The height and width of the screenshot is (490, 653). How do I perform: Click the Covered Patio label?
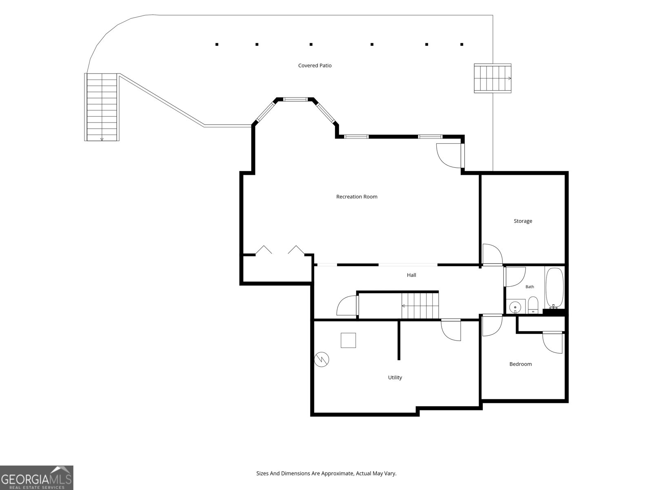point(315,65)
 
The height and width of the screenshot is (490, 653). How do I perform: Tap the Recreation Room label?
point(357,197)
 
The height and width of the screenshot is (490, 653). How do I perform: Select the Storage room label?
point(523,221)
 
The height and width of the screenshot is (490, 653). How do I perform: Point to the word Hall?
point(411,275)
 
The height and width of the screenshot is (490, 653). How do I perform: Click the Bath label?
point(529,287)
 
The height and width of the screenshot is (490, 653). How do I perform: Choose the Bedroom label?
point(520,364)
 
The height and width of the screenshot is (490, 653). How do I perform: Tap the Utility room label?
point(395,378)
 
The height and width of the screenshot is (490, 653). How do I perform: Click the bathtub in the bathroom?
point(555,288)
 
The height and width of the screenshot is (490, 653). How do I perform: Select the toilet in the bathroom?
point(533,305)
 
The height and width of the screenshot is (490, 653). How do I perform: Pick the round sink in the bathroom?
point(515,306)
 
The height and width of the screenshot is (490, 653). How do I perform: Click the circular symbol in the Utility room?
point(322,359)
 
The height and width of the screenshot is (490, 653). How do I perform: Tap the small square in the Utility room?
point(349,341)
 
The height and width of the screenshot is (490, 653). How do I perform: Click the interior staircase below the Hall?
point(420,305)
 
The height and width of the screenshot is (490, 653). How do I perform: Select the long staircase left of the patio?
point(102,107)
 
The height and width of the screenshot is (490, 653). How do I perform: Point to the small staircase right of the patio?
point(493,78)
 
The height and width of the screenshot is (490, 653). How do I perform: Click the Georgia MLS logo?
point(37,477)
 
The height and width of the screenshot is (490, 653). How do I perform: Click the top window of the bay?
point(295,99)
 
